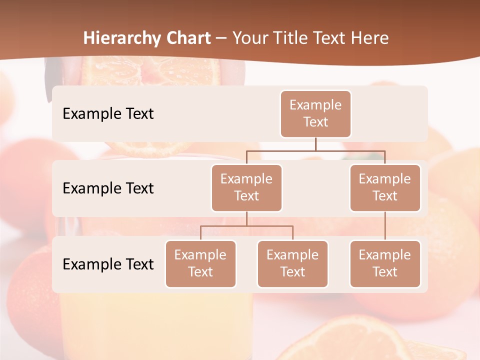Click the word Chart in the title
[186, 38]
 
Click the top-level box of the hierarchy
[315, 113]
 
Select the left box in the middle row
[246, 187]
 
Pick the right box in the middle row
[385, 187]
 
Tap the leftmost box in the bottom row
[200, 263]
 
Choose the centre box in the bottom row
[292, 263]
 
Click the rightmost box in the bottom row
[385, 263]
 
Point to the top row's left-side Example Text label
[108, 113]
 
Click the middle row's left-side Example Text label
[108, 188]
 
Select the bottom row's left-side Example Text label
[108, 264]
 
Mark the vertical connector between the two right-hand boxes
[385, 226]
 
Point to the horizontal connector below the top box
[315, 150]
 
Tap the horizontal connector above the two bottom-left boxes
[246, 226]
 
